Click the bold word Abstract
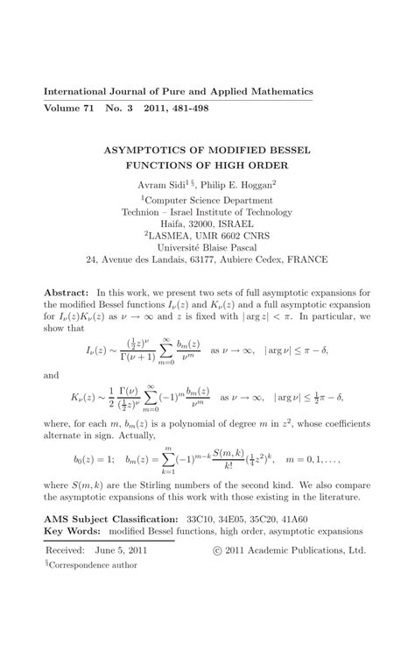(66, 292)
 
